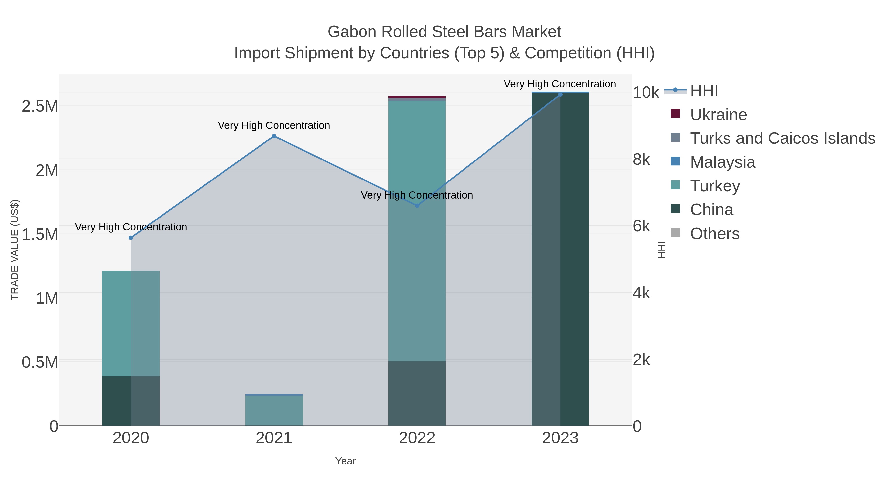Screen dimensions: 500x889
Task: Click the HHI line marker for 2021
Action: click(274, 136)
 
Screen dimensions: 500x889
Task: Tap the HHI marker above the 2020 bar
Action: click(131, 238)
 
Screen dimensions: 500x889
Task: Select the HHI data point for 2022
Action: click(417, 206)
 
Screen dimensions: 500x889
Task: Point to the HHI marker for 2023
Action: click(560, 95)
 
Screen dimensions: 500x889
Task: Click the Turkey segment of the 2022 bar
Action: click(417, 276)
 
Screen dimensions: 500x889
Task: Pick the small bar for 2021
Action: click(274, 411)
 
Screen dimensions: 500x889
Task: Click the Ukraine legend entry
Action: click(718, 115)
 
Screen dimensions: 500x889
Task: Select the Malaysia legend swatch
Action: click(675, 161)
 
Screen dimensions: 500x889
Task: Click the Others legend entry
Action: click(714, 234)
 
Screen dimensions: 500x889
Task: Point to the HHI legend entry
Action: click(704, 91)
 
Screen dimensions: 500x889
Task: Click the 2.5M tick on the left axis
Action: click(40, 106)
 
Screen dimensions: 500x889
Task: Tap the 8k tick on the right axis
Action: click(642, 160)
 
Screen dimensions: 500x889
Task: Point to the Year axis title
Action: click(345, 461)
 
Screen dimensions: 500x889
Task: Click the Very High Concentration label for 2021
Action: click(274, 126)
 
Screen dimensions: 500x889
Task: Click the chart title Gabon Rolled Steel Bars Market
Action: click(444, 32)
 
